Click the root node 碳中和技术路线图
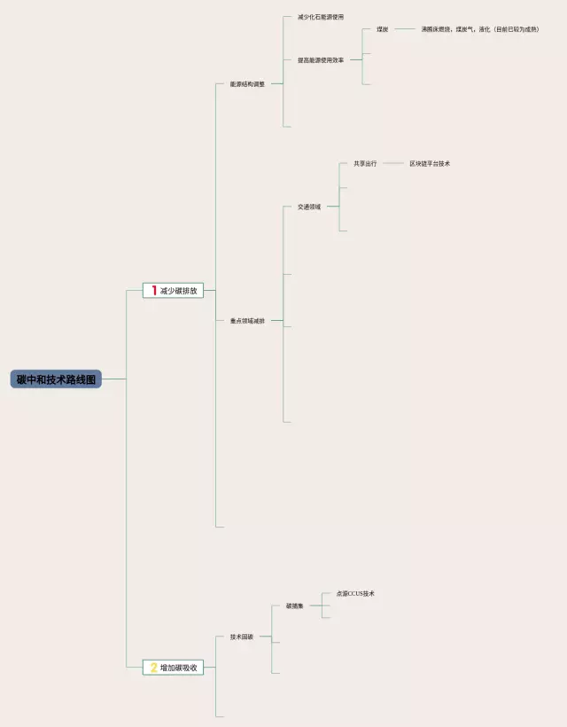(x=58, y=379)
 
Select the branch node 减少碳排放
(x=178, y=291)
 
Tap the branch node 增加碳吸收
(x=178, y=668)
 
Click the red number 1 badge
(x=154, y=291)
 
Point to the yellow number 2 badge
(x=153, y=668)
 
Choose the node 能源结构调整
(x=247, y=84)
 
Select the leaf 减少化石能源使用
(x=321, y=17)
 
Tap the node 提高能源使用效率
(x=321, y=60)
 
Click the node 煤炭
(x=382, y=29)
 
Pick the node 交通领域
(x=309, y=207)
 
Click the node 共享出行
(x=365, y=164)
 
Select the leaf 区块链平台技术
(x=430, y=164)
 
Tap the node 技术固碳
(x=242, y=637)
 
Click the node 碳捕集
(x=295, y=606)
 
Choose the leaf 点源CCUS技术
(x=355, y=594)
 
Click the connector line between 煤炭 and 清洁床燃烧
(x=405, y=29)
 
